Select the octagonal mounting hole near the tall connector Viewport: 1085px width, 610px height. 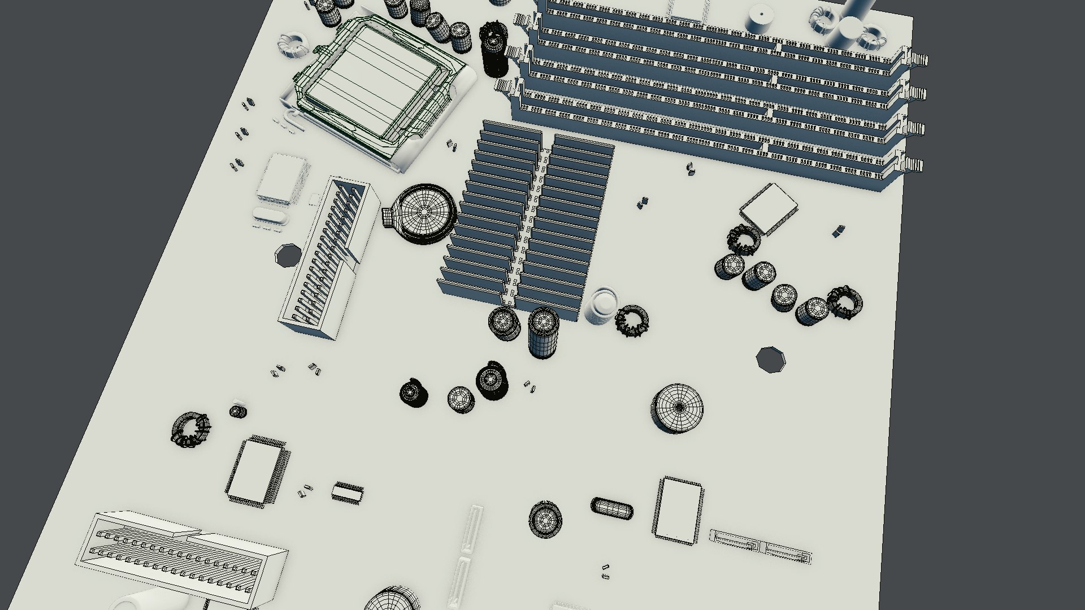(x=289, y=256)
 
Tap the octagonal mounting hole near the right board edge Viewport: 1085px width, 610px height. (x=770, y=359)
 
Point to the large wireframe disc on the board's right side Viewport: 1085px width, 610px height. (x=678, y=408)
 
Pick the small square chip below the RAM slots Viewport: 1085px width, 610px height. (x=767, y=208)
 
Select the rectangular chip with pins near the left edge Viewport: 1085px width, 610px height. (x=257, y=469)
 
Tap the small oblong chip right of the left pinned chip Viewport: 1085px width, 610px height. (x=346, y=493)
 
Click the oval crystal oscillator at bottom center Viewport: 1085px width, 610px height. (x=612, y=507)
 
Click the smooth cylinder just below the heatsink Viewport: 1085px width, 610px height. (x=601, y=307)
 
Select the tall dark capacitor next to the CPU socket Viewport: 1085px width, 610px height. (x=494, y=51)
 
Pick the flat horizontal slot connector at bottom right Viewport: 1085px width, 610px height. (x=760, y=546)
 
